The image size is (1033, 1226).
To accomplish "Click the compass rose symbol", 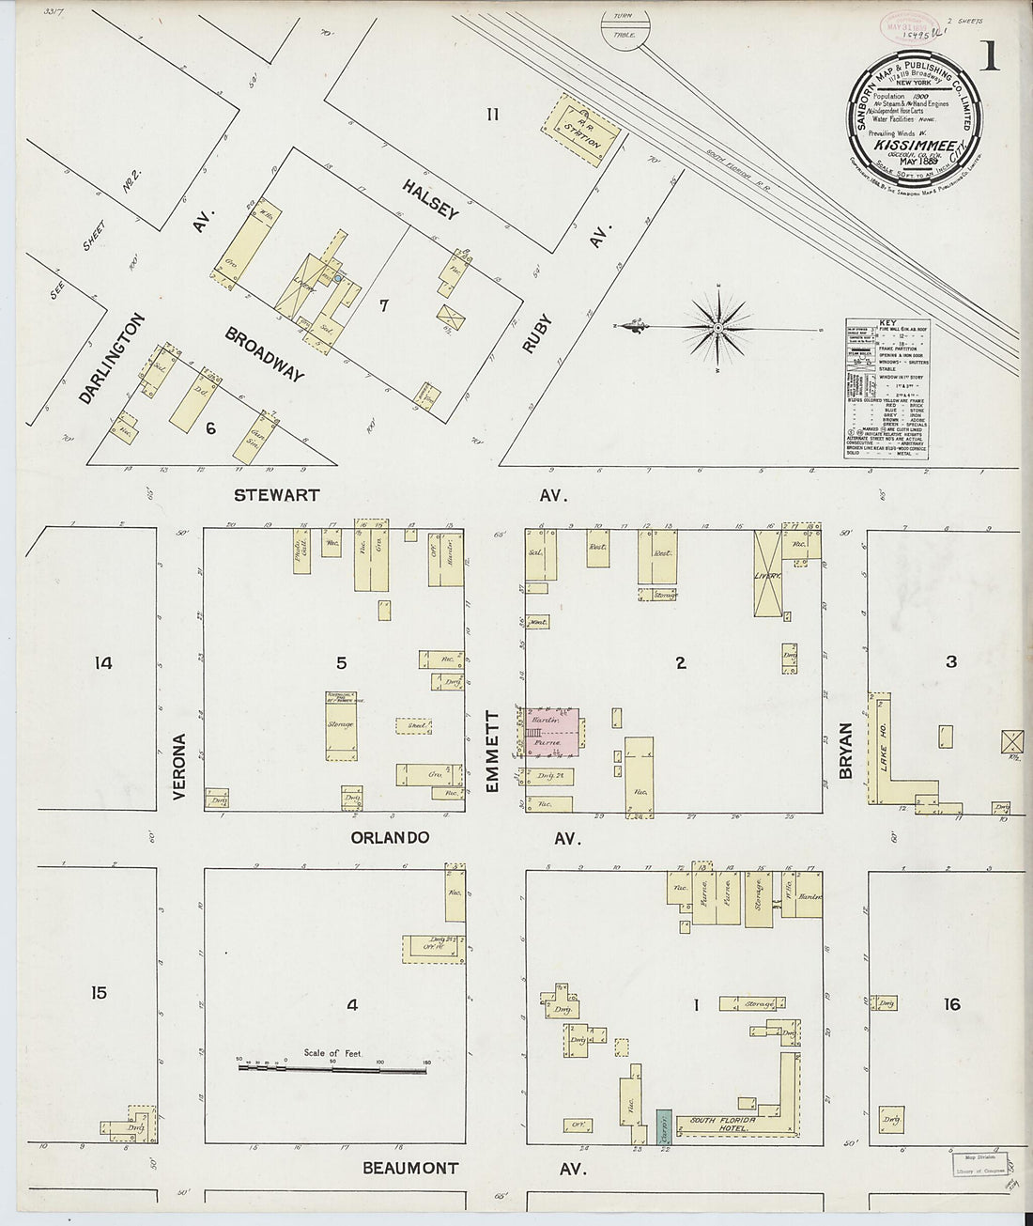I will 717,328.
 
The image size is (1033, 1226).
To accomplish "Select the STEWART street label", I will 278,495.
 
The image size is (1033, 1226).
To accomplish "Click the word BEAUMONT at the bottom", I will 411,1169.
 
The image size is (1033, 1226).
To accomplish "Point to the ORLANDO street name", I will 391,837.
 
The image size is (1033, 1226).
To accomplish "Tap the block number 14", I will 103,663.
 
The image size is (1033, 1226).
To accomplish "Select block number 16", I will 951,1004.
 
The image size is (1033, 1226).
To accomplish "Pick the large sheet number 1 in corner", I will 990,61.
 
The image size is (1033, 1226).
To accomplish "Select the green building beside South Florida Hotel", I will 664,1124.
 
